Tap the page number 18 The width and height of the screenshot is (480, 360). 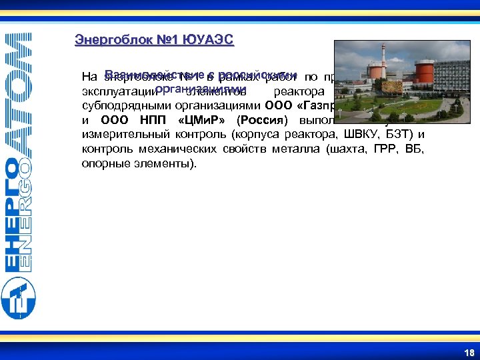469,353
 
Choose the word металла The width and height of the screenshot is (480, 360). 297,149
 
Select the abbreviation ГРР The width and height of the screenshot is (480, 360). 383,149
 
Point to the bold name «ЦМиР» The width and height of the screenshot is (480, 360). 200,121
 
